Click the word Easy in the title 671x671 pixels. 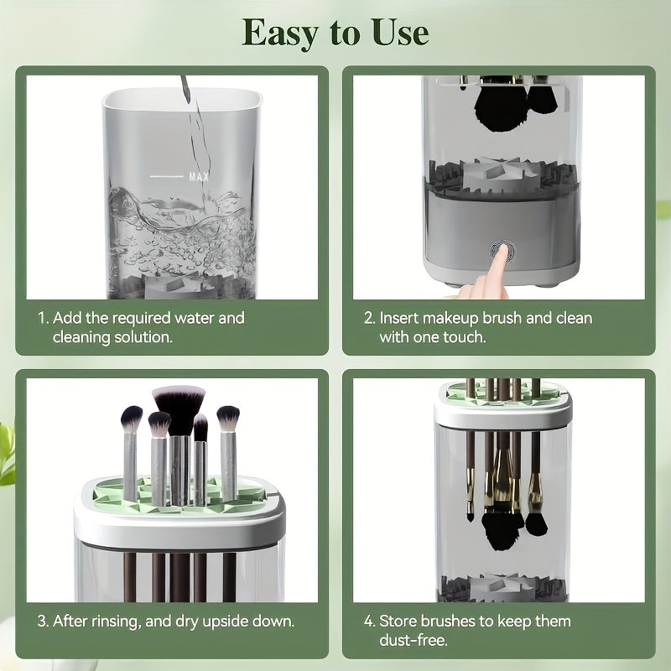[x=283, y=34]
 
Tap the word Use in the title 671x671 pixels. [x=395, y=33]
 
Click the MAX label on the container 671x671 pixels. [x=199, y=177]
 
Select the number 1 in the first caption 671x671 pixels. [x=42, y=319]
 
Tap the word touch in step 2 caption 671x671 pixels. [x=466, y=337]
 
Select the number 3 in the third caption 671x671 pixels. [x=42, y=622]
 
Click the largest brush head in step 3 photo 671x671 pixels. [x=179, y=402]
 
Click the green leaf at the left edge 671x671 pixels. [x=7, y=453]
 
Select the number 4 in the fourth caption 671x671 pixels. [x=370, y=622]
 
